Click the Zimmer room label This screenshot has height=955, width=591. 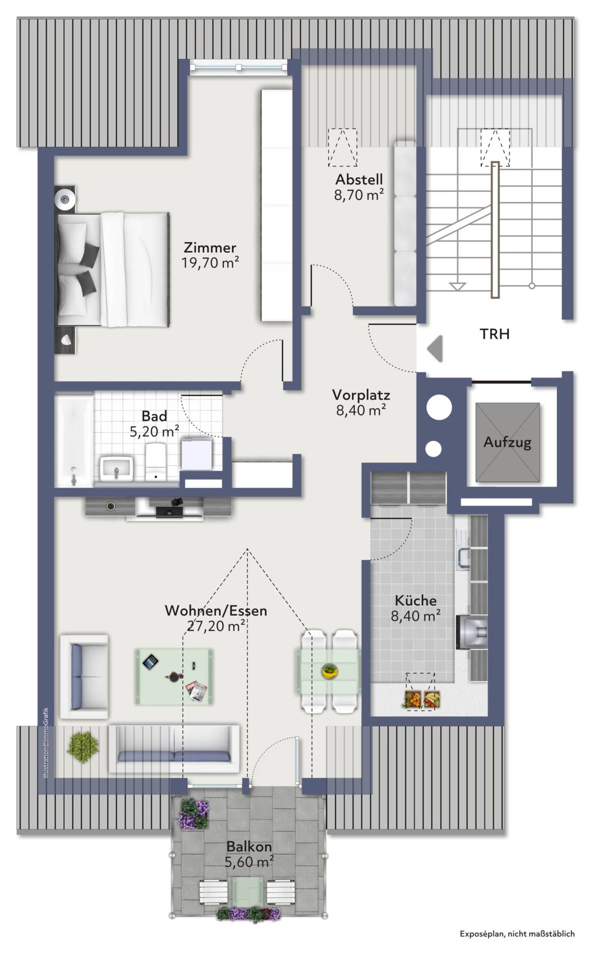[x=210, y=248]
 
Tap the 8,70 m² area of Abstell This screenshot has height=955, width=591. [x=359, y=195]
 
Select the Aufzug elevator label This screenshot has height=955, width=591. [x=507, y=442]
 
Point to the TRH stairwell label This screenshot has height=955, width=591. [x=495, y=334]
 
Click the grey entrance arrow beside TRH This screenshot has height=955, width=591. [x=435, y=349]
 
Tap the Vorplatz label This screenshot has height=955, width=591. [x=361, y=395]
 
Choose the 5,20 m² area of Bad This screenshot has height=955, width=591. [x=154, y=432]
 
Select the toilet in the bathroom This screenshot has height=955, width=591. [x=156, y=462]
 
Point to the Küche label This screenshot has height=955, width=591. [x=416, y=600]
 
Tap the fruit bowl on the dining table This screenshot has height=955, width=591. [x=329, y=671]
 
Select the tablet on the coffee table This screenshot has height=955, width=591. [x=150, y=662]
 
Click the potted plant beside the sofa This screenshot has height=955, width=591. [x=83, y=747]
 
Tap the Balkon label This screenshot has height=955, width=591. [x=249, y=847]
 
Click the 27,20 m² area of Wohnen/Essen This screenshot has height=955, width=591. [x=216, y=626]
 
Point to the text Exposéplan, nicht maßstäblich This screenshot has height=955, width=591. [x=517, y=933]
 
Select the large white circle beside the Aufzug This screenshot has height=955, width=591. [x=439, y=407]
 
